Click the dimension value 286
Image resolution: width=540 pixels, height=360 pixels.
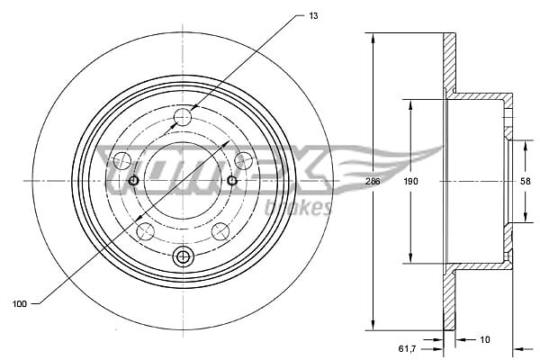tap(373, 181)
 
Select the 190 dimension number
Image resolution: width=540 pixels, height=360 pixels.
tap(410, 181)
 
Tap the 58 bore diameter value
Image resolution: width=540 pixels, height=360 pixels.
tap(526, 181)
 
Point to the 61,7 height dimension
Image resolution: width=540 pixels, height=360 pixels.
tap(407, 349)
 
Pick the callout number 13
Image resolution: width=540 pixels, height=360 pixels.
tap(313, 16)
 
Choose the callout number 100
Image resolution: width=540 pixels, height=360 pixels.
tap(19, 304)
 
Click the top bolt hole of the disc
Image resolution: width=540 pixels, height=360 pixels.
tap(183, 117)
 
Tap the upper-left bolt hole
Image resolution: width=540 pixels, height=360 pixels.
tap(122, 161)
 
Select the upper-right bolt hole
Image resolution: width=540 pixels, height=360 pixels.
tap(243, 160)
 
